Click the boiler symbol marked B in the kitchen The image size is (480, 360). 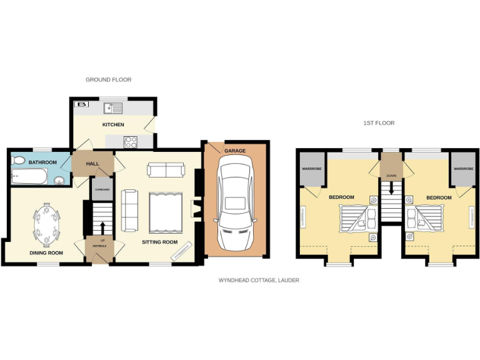pos(82,105)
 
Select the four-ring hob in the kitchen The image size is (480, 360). pos(131,142)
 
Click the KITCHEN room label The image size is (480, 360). pos(113,125)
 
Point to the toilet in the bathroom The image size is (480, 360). pos(17,161)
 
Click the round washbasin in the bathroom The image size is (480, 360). pos(59,181)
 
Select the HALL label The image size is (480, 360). pos(93,163)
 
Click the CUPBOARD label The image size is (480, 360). pos(102,189)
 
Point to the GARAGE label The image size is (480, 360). pos(236,151)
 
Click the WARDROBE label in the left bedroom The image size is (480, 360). pos(311,169)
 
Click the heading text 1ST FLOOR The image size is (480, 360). pos(379,123)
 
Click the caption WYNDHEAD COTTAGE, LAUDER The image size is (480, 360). pos(258,281)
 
